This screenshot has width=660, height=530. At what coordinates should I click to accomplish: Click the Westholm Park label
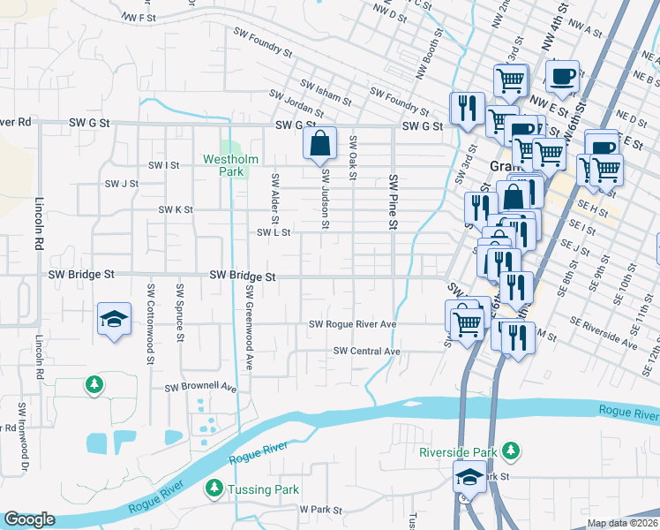(x=229, y=165)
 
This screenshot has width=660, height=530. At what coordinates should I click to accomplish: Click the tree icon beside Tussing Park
(x=213, y=488)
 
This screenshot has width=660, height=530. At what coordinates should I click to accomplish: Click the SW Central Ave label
(x=367, y=352)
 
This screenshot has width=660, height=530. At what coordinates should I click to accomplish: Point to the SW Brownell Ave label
(x=201, y=387)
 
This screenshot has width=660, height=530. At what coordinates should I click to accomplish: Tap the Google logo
(x=29, y=519)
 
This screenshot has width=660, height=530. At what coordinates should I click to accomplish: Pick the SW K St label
(x=175, y=210)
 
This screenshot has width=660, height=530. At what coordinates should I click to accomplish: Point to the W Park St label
(x=319, y=510)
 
